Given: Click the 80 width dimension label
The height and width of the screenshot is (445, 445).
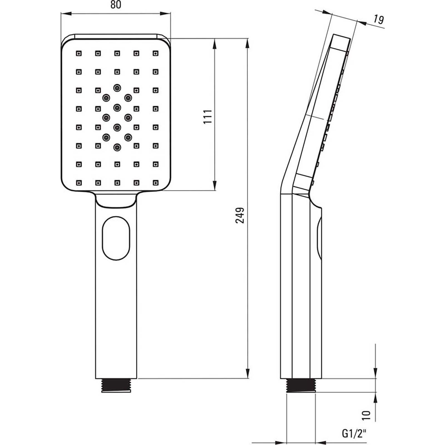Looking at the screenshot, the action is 116,5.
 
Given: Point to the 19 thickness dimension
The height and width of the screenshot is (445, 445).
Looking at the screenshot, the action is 379,19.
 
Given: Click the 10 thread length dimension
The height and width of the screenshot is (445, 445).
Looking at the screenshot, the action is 367,415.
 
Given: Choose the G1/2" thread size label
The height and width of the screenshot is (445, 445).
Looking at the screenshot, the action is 354,433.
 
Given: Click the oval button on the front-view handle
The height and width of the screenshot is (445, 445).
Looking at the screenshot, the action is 116,238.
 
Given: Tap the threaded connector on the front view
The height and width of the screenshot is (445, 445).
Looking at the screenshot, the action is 116,385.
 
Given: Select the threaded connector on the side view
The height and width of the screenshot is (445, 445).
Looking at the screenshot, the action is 301,385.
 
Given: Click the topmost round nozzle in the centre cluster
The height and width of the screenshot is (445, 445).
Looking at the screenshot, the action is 117,88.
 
